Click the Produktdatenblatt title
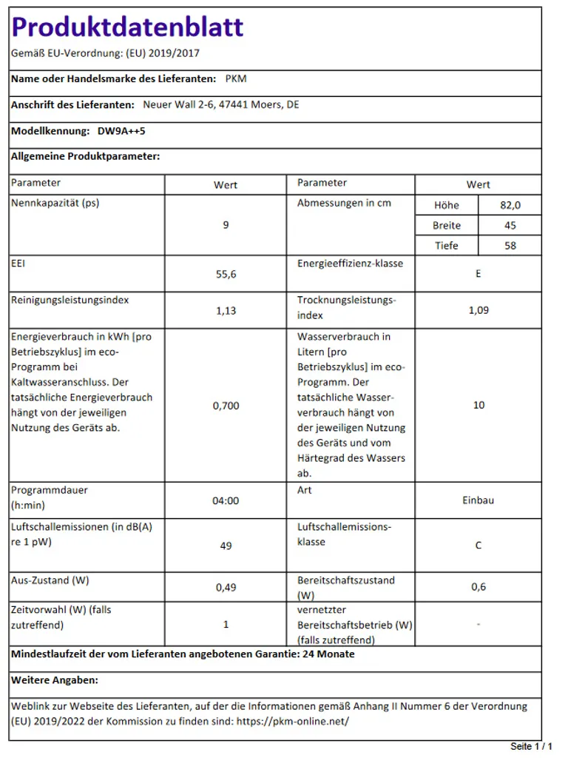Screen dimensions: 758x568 point(127,27)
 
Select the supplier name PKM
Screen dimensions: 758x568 point(235,78)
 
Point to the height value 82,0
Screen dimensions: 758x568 point(510,205)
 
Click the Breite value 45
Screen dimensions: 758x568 point(510,225)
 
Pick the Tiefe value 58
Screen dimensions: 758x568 point(510,245)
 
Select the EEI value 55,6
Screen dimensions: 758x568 point(226,274)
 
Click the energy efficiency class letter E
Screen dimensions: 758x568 point(479,273)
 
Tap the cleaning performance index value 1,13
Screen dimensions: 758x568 point(226,310)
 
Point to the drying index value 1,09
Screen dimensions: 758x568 point(479,309)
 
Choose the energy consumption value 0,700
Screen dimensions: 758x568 point(226,406)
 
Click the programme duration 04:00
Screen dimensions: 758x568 point(226,500)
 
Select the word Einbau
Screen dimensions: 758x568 point(479,500)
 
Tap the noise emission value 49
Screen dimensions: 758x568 point(226,546)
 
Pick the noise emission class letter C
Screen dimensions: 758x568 point(479,545)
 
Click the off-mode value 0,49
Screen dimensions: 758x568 point(226,587)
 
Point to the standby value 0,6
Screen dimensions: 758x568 point(479,586)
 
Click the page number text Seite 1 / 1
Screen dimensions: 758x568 point(532,746)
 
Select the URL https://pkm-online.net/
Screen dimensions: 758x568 point(292,720)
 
